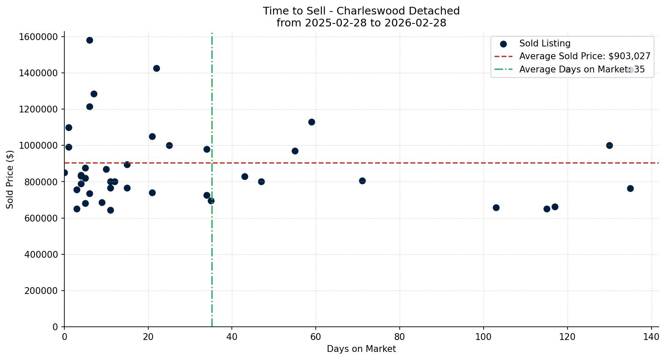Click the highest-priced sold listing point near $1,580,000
click(89, 40)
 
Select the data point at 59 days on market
click(311, 122)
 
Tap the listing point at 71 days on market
click(362, 181)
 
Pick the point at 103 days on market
click(496, 208)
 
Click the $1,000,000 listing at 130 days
click(609, 146)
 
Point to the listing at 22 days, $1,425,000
click(156, 69)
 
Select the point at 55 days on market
click(295, 151)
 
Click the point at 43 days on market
click(245, 177)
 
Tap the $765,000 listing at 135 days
click(630, 189)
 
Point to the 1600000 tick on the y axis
click(38, 37)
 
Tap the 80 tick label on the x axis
click(400, 337)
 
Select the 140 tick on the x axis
click(651, 337)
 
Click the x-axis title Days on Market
click(361, 349)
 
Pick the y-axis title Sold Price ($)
click(10, 179)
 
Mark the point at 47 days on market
click(261, 182)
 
